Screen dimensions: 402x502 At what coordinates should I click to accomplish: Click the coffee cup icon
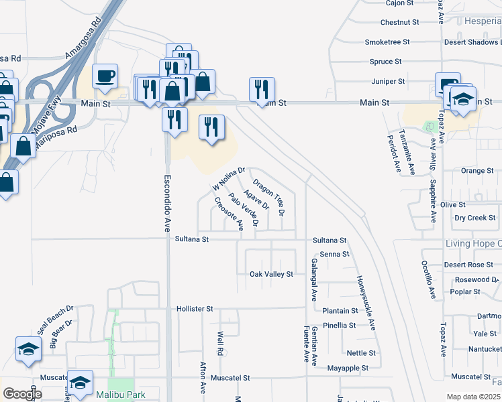click(x=105, y=76)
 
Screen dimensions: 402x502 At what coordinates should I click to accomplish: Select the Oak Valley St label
click(x=271, y=274)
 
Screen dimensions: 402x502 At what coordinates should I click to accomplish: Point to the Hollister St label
click(x=195, y=309)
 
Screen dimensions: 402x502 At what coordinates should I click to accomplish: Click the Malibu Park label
click(x=120, y=395)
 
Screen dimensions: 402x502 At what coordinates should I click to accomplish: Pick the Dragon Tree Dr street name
click(x=269, y=197)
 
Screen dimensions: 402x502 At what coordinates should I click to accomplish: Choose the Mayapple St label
click(x=348, y=368)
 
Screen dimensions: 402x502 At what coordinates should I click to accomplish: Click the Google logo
click(x=22, y=394)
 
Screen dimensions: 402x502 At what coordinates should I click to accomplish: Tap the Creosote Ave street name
click(x=229, y=214)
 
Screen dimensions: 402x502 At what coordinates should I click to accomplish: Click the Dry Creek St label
click(x=474, y=218)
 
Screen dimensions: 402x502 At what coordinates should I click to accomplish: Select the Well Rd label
click(x=219, y=342)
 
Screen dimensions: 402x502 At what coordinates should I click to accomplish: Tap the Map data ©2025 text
click(x=473, y=397)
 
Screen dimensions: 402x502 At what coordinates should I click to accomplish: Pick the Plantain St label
click(x=340, y=311)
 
